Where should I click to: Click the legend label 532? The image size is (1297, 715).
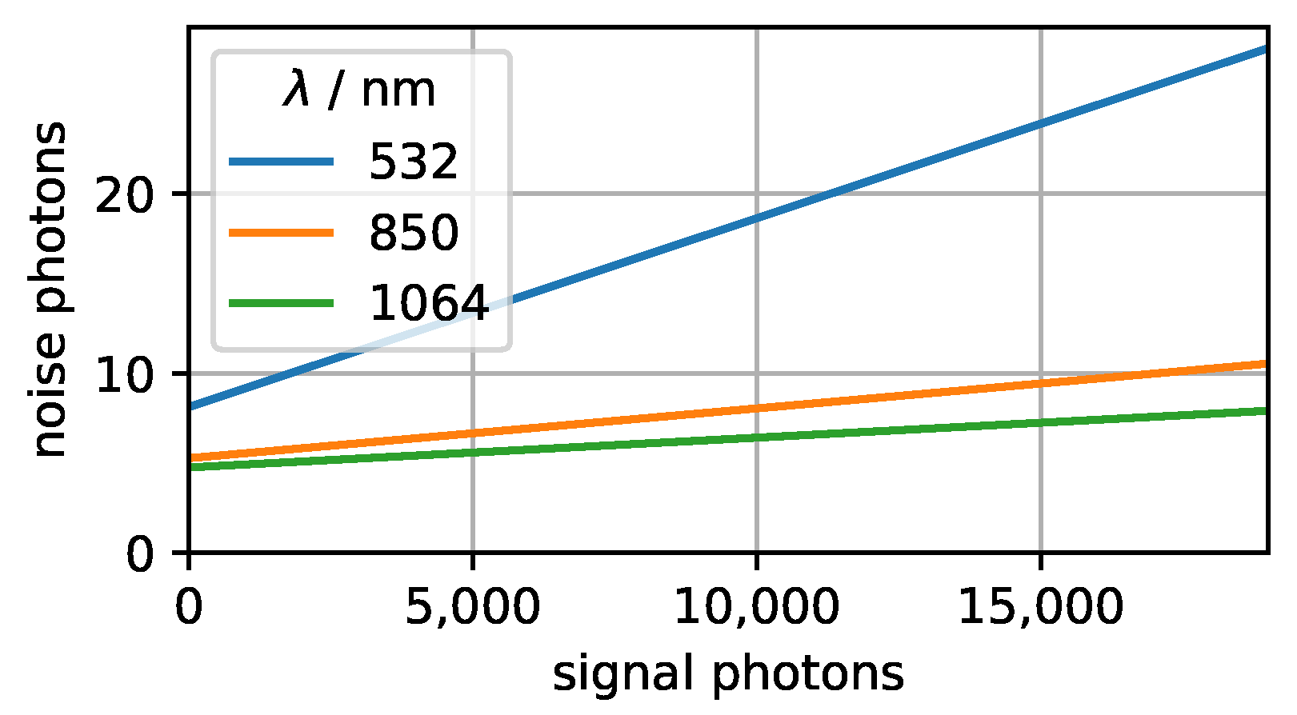(413, 162)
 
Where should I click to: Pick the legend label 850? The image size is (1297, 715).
(413, 233)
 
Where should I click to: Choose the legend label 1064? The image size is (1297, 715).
(428, 303)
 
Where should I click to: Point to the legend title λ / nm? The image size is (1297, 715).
(359, 90)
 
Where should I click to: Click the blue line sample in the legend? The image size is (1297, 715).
(281, 162)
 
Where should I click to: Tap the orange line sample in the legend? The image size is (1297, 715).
(281, 233)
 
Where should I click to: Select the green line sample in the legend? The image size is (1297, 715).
(281, 303)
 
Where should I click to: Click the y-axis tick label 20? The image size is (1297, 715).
(123, 194)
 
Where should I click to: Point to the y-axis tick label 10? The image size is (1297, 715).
(123, 374)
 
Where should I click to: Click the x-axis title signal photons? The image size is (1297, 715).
(728, 673)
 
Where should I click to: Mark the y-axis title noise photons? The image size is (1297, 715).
(50, 290)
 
